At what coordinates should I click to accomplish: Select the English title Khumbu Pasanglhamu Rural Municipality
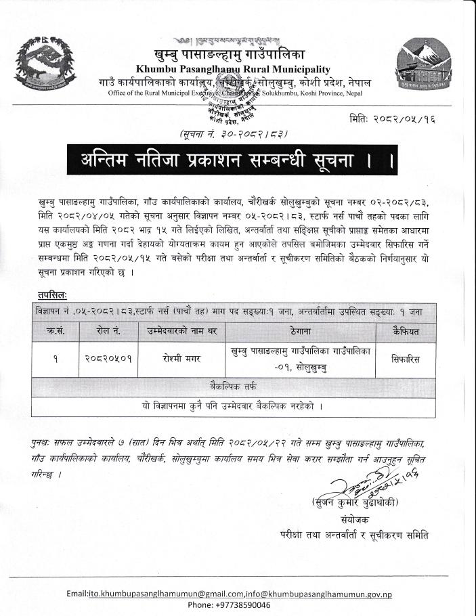(x=233, y=69)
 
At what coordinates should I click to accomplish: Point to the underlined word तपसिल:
(x=51, y=295)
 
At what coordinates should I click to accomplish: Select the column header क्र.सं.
(x=56, y=330)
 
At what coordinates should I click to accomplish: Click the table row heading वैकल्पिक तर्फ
(x=233, y=387)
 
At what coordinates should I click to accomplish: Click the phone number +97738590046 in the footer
(x=229, y=604)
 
